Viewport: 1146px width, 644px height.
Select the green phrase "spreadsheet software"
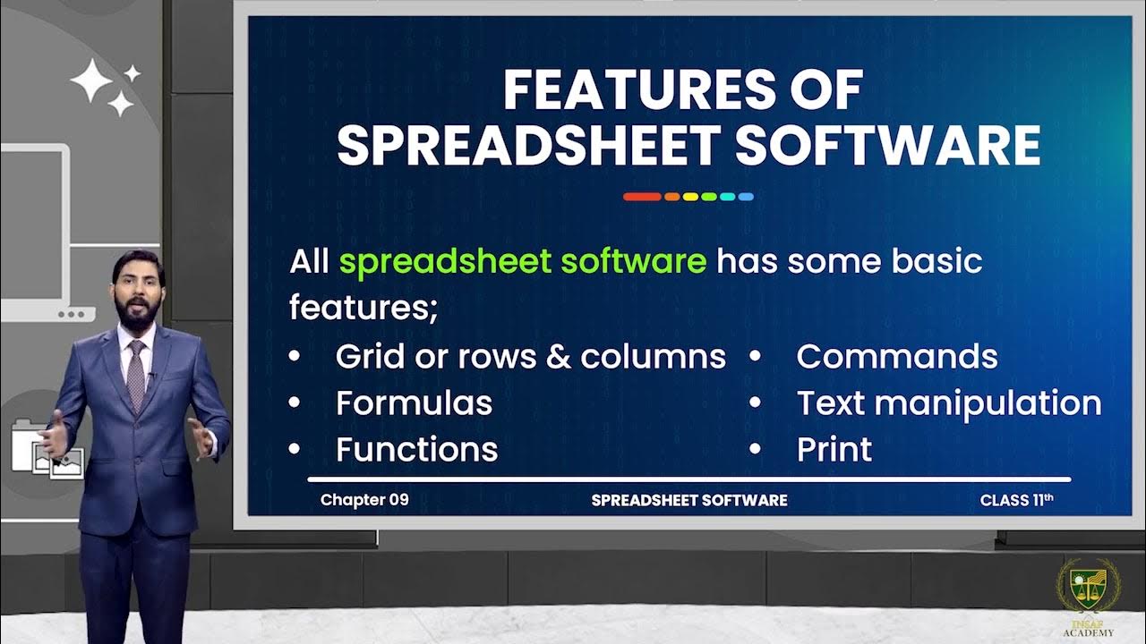[x=523, y=262]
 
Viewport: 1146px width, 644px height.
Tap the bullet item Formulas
[x=414, y=403]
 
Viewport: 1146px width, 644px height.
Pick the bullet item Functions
[x=416, y=449]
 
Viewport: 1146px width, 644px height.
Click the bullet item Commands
[x=897, y=357]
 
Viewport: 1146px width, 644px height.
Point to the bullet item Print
[x=834, y=449]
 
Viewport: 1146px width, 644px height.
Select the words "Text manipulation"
[x=949, y=403]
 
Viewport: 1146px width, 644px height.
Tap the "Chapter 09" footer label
[x=364, y=500]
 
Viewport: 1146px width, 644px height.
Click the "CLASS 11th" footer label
[x=1016, y=500]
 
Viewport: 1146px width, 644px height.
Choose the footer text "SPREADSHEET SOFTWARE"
[x=689, y=501]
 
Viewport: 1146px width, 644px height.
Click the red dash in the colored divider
[x=641, y=197]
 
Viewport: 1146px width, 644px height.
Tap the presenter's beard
[x=139, y=314]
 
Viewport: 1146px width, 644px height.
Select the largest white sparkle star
[x=91, y=83]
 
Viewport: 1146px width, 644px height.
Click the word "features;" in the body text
[x=363, y=309]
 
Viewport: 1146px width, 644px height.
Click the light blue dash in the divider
[x=745, y=197]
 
